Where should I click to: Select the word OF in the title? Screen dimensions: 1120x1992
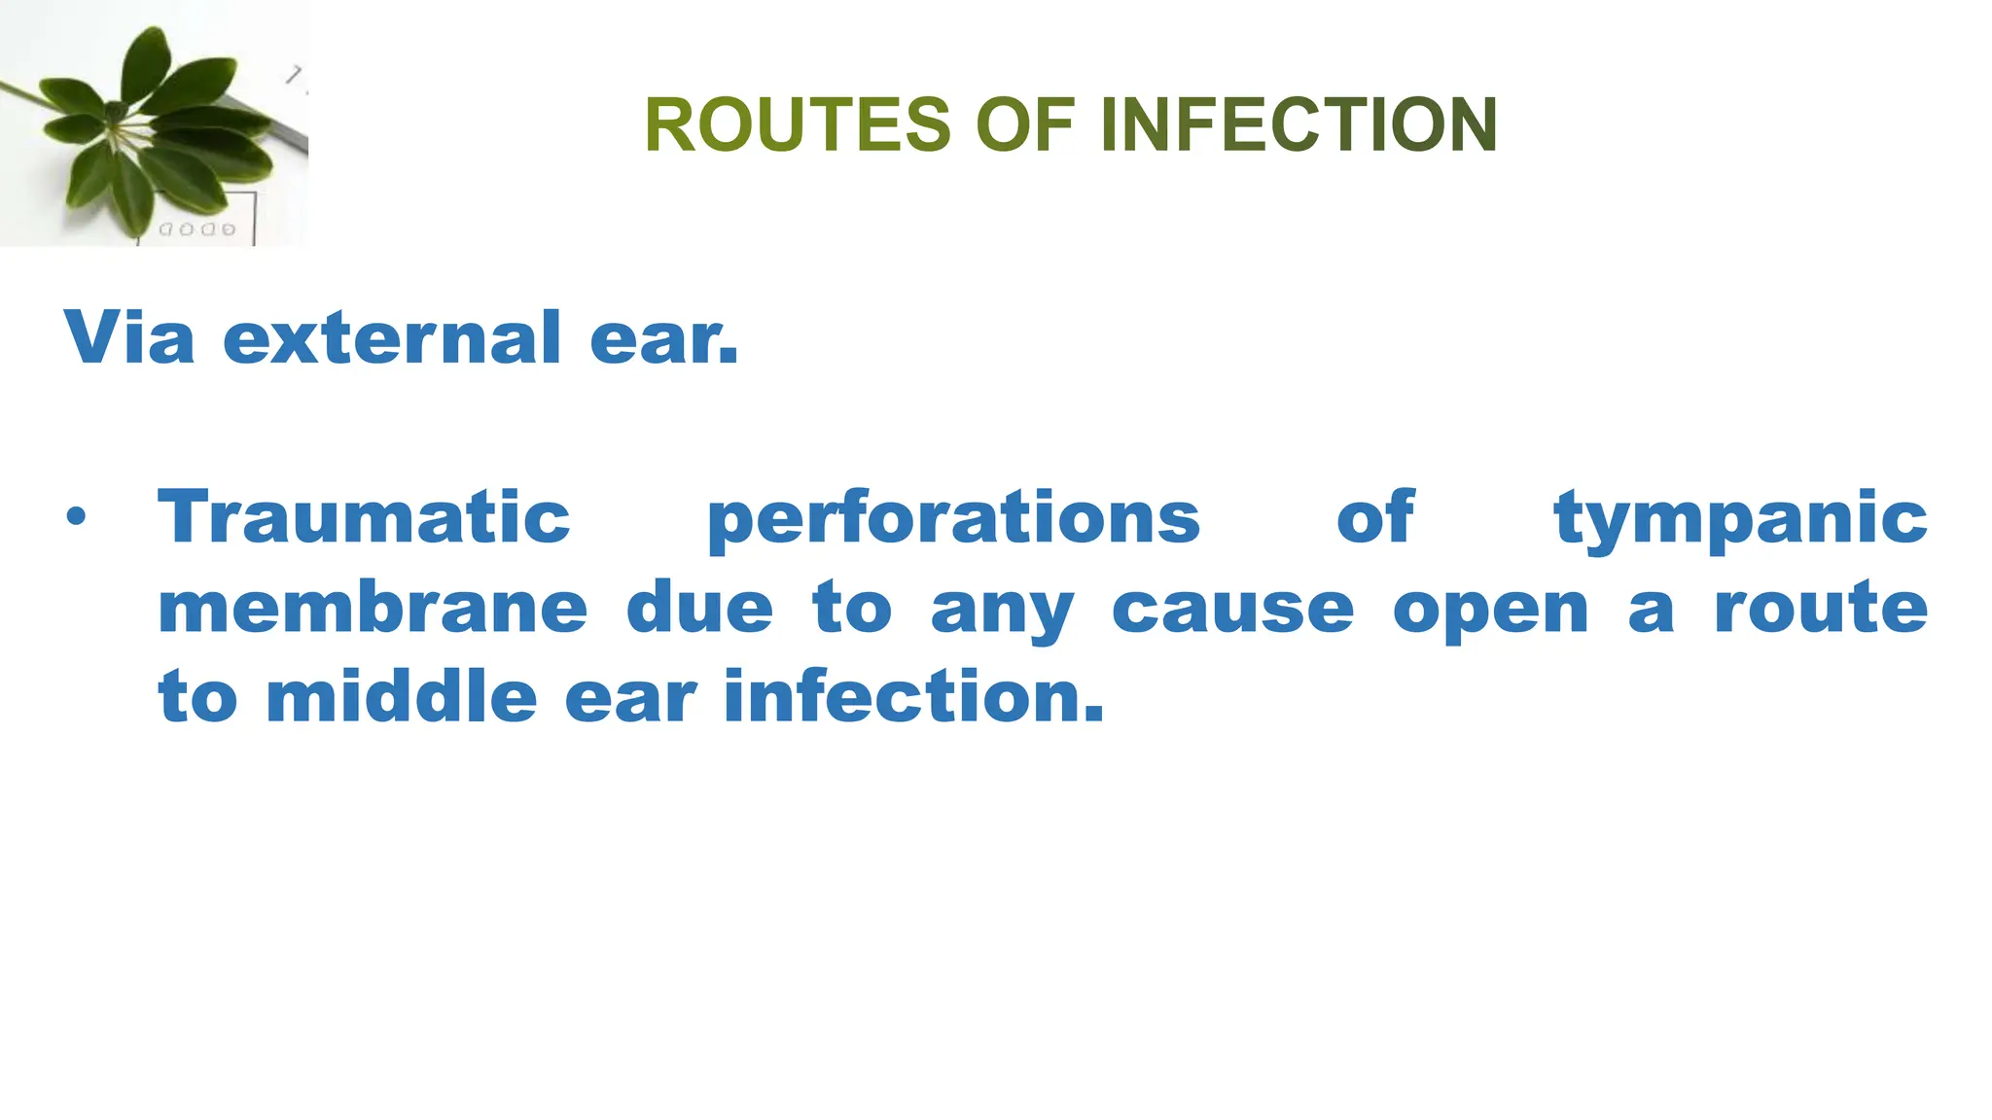pos(1025,125)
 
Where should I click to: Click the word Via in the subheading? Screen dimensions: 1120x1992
pos(129,337)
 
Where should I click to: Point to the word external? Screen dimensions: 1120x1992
pos(392,337)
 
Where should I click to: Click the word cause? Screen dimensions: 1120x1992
pos(1232,609)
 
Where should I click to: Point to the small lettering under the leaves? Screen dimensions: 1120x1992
pos(196,229)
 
